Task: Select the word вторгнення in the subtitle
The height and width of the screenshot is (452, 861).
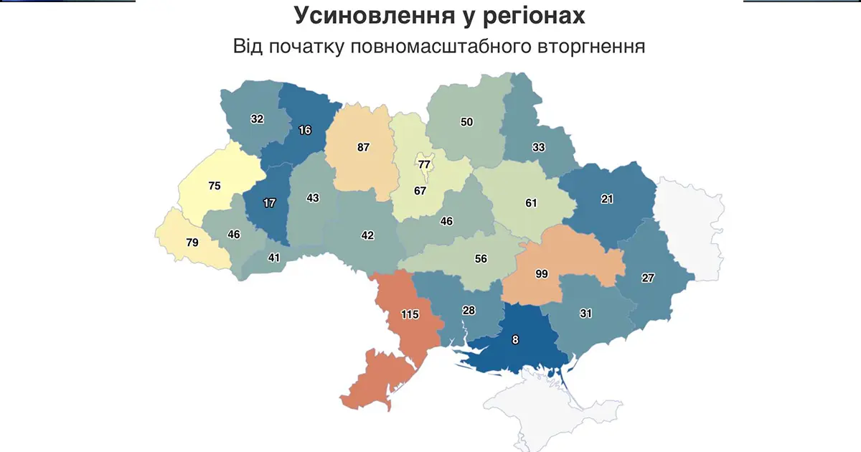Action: point(591,47)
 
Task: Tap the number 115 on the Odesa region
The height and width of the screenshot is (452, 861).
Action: point(410,314)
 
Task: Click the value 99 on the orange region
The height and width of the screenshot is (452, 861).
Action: point(542,274)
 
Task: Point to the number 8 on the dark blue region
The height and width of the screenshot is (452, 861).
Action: point(514,340)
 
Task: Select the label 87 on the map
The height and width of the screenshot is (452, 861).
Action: point(363,147)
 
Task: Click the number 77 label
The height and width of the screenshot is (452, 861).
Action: point(424,164)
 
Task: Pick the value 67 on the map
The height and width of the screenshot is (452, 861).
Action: point(420,192)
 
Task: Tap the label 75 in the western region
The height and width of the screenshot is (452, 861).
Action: point(214,186)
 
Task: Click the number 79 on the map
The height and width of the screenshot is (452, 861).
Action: point(192,243)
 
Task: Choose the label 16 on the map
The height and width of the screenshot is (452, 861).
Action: point(304,130)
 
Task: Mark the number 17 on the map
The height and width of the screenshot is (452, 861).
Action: point(269,203)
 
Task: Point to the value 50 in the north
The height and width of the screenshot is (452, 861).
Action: point(466,122)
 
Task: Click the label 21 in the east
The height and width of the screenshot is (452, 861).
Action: point(607,199)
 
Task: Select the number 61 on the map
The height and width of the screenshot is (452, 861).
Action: point(531,203)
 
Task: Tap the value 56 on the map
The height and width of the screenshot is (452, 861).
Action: point(480,259)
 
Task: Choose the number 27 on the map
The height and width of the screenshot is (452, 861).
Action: point(648,278)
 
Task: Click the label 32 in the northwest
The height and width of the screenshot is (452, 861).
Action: point(257,119)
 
